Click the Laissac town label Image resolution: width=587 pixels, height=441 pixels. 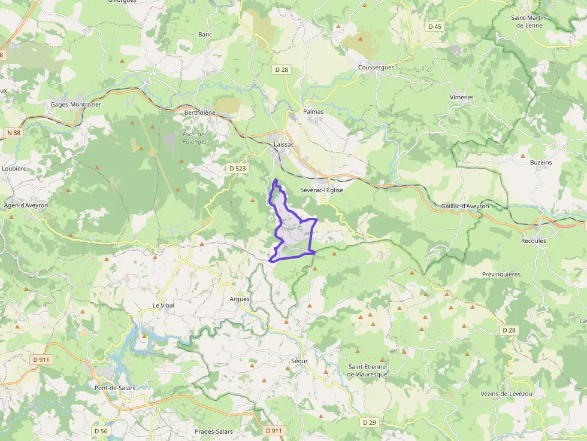click(283, 145)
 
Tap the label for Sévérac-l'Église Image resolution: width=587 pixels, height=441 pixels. click(321, 190)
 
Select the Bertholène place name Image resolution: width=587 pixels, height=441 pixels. click(199, 112)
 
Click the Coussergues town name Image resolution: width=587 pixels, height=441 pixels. click(376, 67)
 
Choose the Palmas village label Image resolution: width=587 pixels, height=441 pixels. click(313, 111)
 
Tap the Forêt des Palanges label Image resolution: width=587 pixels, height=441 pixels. click(195, 138)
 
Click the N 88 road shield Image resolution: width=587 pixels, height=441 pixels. click(14, 132)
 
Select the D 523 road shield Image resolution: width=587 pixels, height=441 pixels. click(238, 169)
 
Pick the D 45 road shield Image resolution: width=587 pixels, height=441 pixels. click(435, 26)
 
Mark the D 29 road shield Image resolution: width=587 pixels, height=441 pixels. click(370, 422)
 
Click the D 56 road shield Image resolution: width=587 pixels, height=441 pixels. click(101, 431)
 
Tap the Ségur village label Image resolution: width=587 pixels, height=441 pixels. click(299, 361)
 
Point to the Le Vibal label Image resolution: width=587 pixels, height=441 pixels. click(163, 305)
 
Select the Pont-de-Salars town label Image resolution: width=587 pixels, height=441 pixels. click(114, 388)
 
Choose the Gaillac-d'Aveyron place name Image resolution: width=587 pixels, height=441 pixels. click(465, 206)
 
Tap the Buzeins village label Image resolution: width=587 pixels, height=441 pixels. click(540, 162)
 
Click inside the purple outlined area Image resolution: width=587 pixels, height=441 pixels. click(293, 236)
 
